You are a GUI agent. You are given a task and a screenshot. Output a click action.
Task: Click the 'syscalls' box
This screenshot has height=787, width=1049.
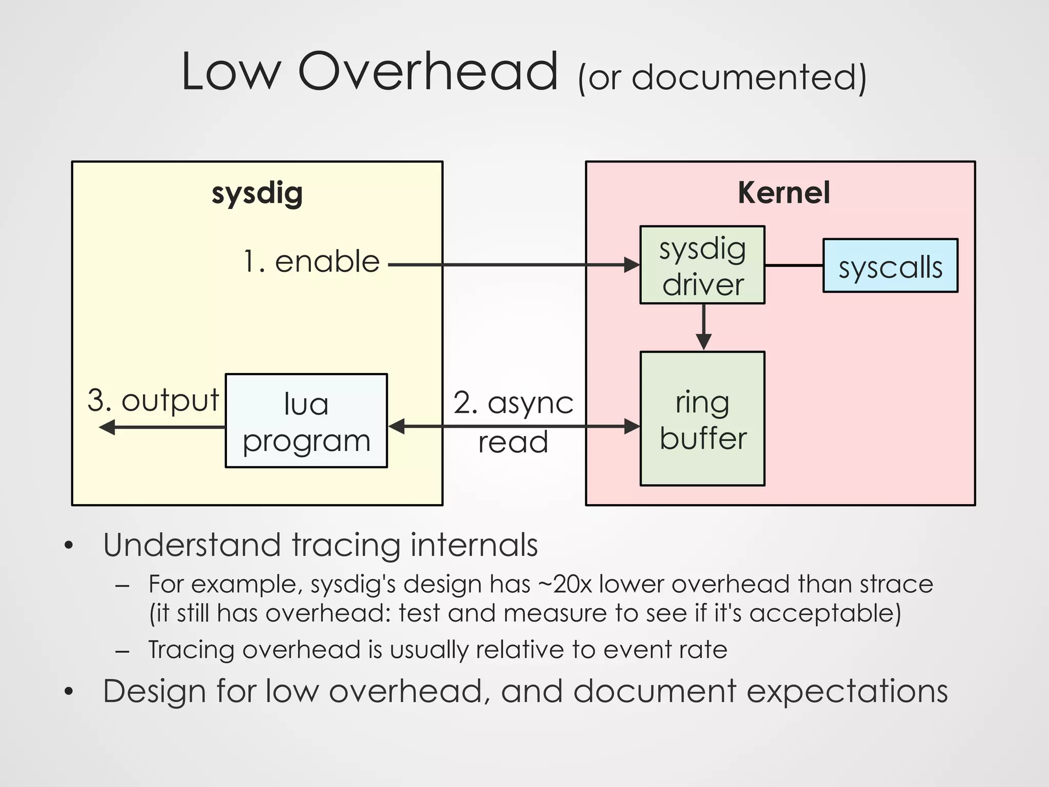pos(890,266)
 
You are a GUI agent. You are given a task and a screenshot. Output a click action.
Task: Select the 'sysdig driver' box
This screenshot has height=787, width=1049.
pos(702,265)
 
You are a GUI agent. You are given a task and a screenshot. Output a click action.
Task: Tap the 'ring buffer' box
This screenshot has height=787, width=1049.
pos(702,419)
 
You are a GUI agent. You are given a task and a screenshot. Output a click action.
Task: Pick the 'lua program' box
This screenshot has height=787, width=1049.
pos(306,421)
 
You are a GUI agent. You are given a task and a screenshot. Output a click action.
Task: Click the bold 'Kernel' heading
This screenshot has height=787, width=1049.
pos(784,193)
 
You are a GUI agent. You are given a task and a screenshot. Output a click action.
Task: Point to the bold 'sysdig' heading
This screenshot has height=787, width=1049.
pos(257,194)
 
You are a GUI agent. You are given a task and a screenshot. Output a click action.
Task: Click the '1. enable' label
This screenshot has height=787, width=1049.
pos(311,262)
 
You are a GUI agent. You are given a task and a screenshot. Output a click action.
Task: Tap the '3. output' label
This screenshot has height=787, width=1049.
pos(153,400)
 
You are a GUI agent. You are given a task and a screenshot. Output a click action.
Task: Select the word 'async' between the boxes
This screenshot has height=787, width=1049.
pos(530,403)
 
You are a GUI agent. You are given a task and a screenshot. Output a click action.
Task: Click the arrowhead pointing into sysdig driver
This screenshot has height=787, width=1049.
pos(632,265)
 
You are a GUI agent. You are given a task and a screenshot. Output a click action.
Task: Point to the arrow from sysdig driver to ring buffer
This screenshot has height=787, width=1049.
pos(703,328)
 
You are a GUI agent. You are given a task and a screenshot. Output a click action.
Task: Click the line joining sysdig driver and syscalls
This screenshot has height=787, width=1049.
pos(794,265)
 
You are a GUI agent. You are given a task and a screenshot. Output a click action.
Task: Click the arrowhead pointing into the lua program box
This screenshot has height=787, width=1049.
pos(397,426)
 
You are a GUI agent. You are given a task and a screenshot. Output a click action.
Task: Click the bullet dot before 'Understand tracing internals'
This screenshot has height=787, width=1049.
pos(69,546)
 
